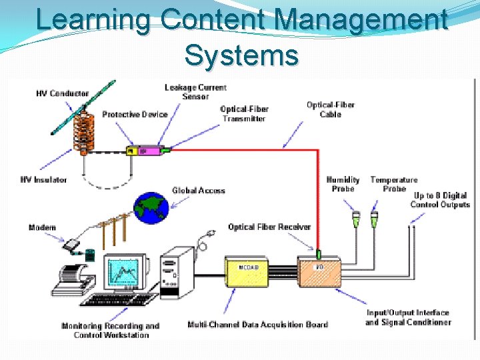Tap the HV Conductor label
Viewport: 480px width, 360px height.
62,94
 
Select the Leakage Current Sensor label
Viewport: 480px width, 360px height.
195,92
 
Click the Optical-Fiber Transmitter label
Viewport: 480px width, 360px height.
244,114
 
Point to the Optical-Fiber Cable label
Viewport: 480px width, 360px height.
330,109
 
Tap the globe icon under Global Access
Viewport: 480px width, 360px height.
151,209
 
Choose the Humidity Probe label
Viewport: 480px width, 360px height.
343,184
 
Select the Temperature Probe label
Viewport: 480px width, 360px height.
394,184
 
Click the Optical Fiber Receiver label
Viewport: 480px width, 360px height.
269,227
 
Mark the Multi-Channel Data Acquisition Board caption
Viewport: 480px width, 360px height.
258,325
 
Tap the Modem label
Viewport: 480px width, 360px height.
43,228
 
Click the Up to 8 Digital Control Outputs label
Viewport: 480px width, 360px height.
441,200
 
